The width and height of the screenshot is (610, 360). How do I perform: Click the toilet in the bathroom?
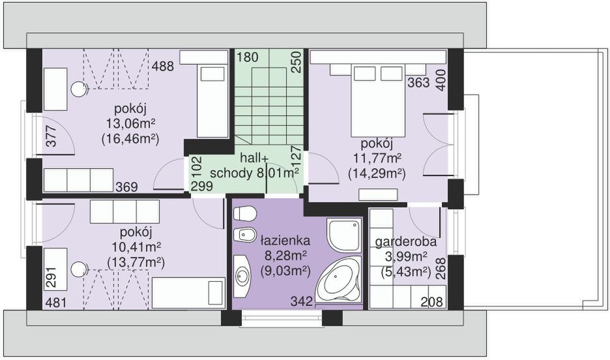(x=244, y=213)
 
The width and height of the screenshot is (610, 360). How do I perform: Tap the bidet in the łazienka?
(x=244, y=235)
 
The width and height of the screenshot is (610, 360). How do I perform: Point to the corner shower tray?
(x=344, y=235)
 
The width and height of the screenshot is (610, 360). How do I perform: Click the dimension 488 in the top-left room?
(x=163, y=67)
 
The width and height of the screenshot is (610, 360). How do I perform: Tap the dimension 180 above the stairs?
(x=248, y=57)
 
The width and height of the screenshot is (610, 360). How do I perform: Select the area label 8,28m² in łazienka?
(x=285, y=256)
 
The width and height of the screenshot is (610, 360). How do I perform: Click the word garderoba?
(x=406, y=242)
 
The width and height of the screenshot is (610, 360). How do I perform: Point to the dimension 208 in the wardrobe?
(x=432, y=301)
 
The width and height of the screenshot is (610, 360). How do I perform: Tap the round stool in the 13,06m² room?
(x=79, y=89)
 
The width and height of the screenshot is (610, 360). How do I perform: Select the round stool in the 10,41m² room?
(x=79, y=269)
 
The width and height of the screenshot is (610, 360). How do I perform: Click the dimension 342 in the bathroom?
(x=302, y=301)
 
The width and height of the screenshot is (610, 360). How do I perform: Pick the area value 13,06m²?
(x=131, y=124)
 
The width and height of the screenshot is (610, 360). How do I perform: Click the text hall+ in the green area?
(x=254, y=158)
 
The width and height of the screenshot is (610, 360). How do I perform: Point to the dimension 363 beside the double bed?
(x=418, y=83)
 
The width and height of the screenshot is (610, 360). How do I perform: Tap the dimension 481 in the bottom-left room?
(x=56, y=303)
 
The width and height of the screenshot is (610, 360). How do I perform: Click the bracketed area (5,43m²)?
(x=406, y=271)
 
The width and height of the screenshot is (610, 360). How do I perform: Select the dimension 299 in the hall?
(x=202, y=186)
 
